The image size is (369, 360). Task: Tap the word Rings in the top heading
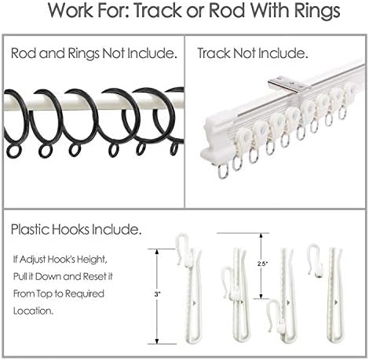(317, 11)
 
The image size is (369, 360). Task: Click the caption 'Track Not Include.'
(252, 53)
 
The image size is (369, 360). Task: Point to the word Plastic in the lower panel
(30, 229)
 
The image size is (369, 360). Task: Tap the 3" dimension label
(157, 294)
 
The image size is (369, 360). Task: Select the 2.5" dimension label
(262, 264)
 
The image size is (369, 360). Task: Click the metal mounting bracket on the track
(287, 84)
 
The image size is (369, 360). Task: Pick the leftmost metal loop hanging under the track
(223, 171)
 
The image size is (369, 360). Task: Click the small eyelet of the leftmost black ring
(13, 151)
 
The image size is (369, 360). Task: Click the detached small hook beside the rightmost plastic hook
(316, 260)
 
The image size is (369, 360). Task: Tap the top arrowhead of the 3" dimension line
(157, 252)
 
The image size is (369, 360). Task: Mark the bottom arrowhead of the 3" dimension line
(157, 341)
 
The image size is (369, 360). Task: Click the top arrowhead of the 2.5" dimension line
(261, 235)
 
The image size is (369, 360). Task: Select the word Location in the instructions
(33, 311)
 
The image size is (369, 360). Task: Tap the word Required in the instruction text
(85, 294)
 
